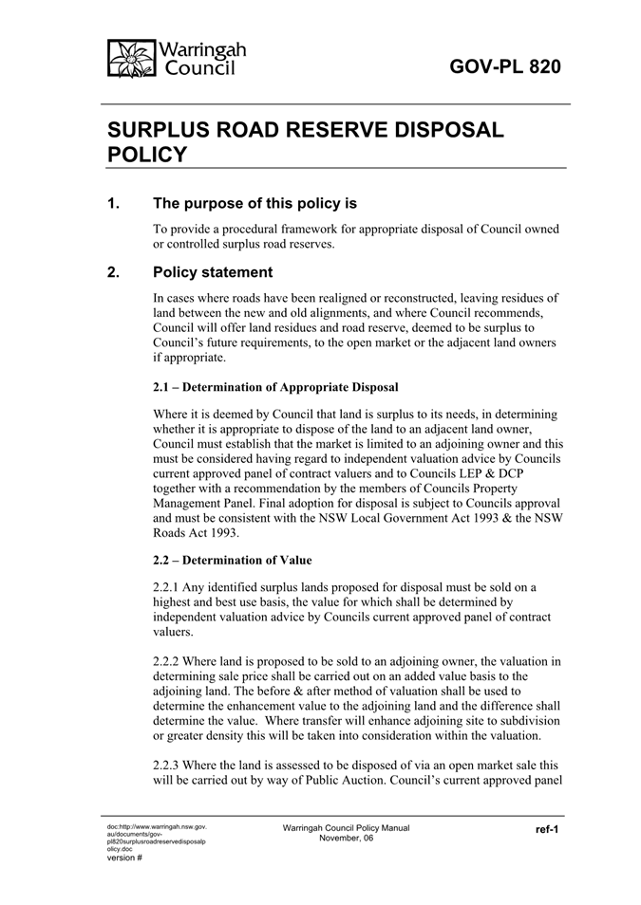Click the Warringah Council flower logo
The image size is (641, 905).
click(131, 59)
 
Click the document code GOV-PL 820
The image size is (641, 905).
click(504, 66)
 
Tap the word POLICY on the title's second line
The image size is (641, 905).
click(147, 155)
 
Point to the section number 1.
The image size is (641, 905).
click(114, 203)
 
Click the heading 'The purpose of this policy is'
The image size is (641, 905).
click(255, 203)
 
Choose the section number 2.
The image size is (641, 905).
click(114, 274)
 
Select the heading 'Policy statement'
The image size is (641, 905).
click(213, 274)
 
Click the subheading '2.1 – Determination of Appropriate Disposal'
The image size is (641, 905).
click(275, 387)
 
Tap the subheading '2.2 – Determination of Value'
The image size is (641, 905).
click(232, 560)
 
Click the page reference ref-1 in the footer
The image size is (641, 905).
click(546, 829)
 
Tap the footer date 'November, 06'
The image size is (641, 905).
click(346, 838)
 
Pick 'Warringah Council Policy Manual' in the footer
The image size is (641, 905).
click(346, 827)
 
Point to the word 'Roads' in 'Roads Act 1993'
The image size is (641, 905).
click(171, 533)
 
